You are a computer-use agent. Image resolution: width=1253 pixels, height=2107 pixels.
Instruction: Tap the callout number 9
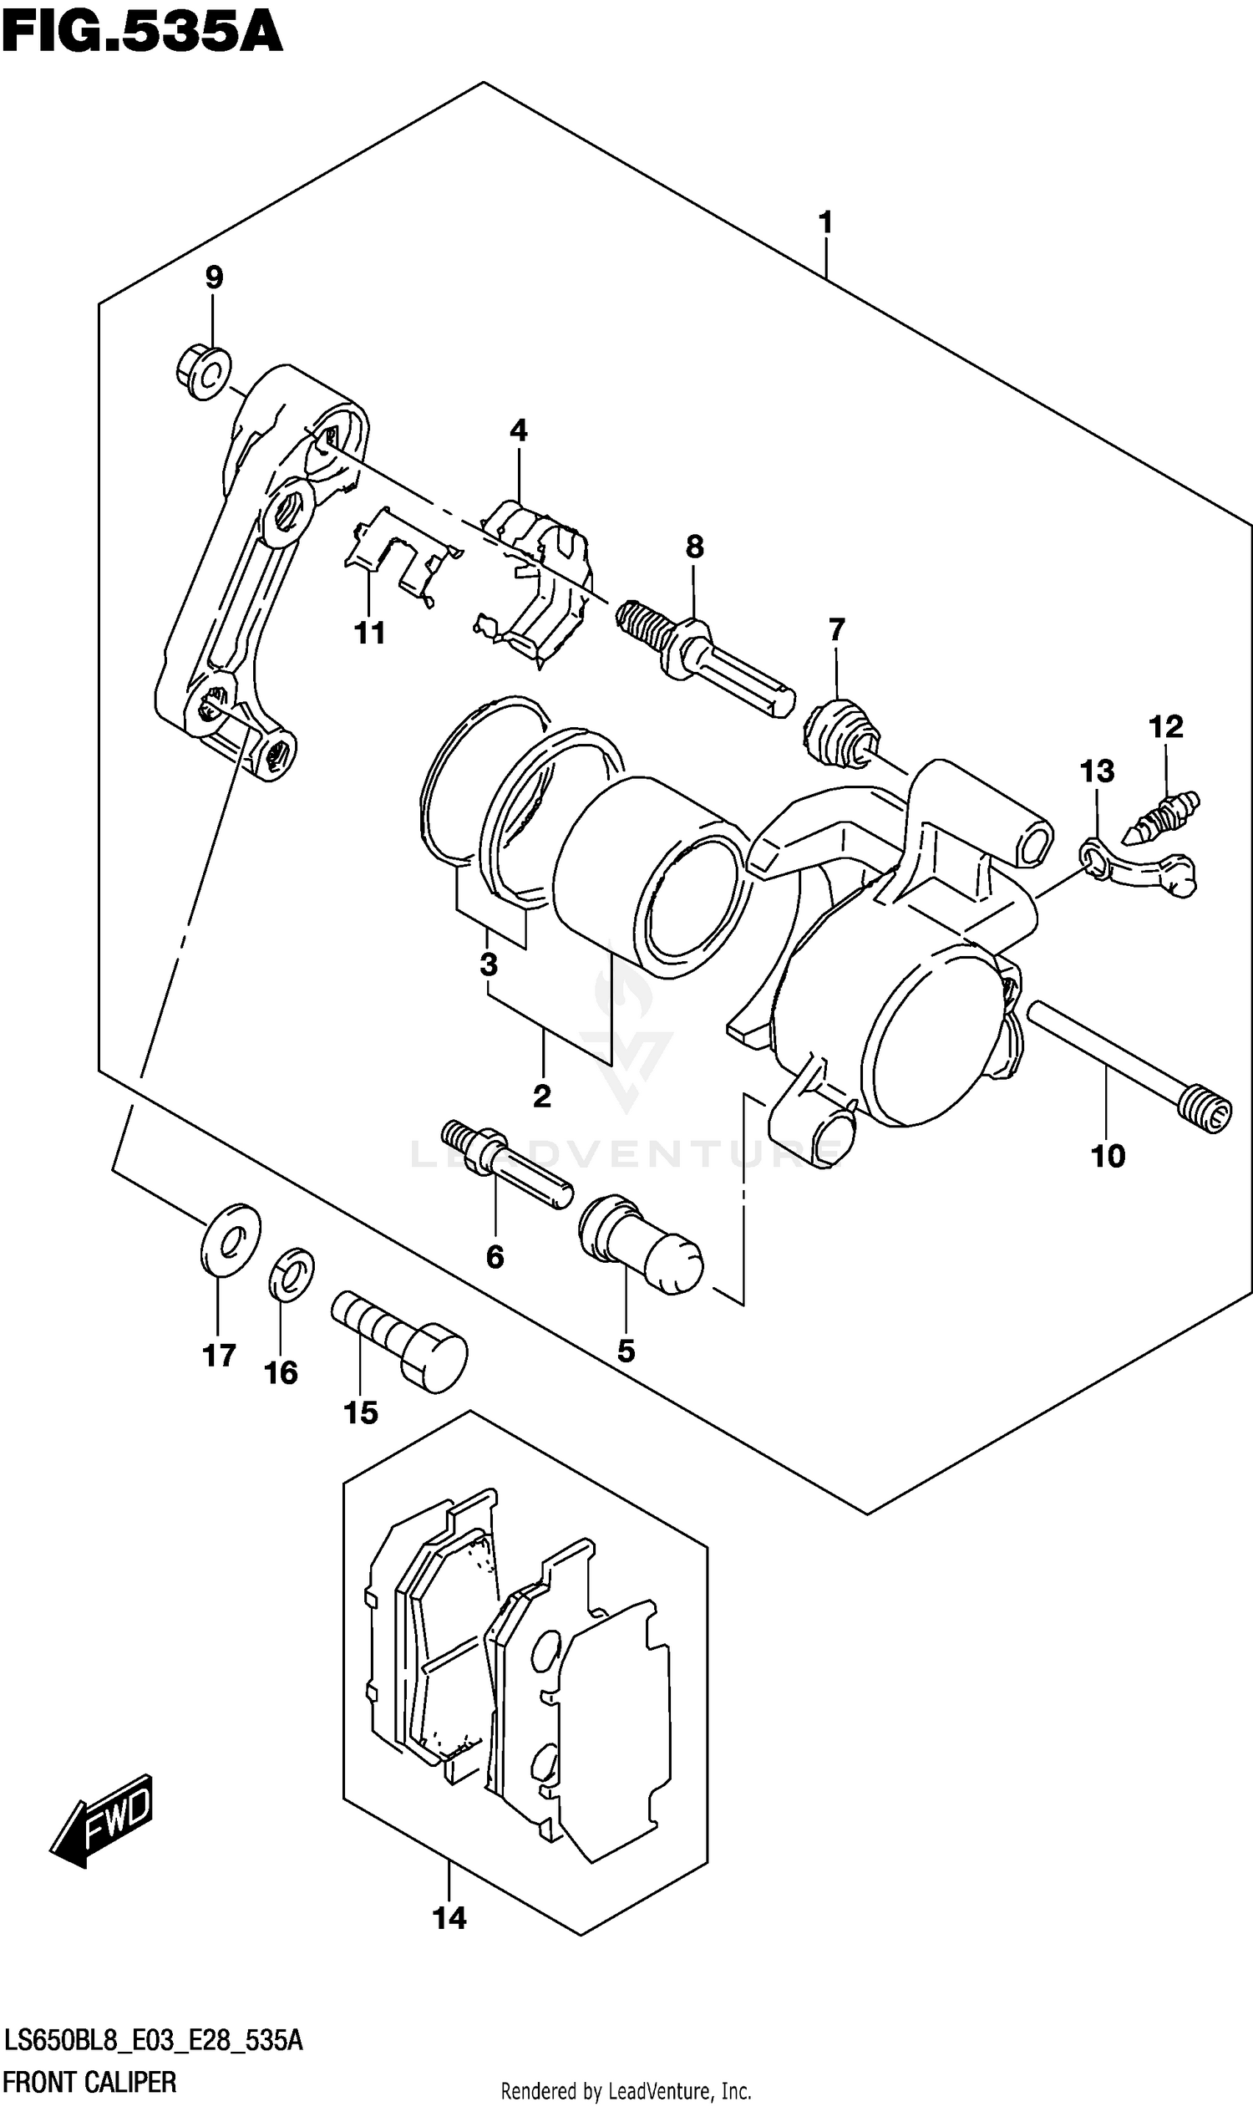[214, 277]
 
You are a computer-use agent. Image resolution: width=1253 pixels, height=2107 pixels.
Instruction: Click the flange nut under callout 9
[204, 373]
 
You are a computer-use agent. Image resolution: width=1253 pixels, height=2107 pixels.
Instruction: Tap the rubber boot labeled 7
[840, 732]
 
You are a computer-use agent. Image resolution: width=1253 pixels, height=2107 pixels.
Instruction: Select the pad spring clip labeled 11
[397, 557]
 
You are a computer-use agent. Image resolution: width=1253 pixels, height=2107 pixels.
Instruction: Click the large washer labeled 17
[231, 1239]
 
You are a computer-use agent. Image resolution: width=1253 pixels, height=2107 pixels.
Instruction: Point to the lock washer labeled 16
[292, 1274]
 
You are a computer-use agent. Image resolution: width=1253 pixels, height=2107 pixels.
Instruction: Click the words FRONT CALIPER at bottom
[89, 2083]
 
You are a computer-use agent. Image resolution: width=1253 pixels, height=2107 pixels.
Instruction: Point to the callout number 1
[825, 222]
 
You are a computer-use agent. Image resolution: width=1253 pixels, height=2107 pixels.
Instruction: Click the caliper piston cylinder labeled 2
[650, 878]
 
